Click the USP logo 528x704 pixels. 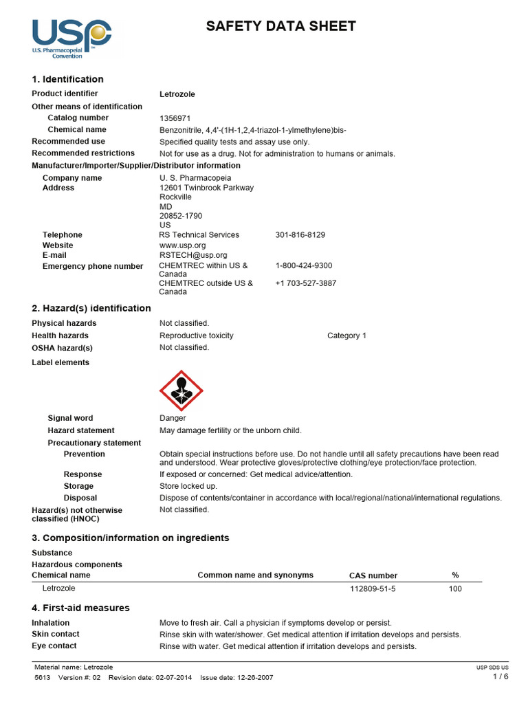tap(71, 38)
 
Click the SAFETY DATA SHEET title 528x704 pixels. tap(281, 27)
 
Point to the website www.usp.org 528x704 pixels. tap(182, 245)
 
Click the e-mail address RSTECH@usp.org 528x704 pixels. tap(192, 255)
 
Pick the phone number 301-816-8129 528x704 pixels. tap(300, 235)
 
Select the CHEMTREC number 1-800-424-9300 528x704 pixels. tap(304, 265)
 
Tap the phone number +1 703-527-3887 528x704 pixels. tap(306, 283)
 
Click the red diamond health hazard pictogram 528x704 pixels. tap(181, 390)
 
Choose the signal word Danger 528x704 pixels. tap(173, 418)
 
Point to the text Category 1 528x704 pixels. tap(346, 335)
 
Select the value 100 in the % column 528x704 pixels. tap(455, 589)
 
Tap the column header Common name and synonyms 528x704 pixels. tap(255, 575)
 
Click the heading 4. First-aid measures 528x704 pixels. tap(80, 608)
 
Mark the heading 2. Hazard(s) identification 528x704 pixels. tap(91, 309)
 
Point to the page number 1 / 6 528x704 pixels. tap(500, 676)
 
